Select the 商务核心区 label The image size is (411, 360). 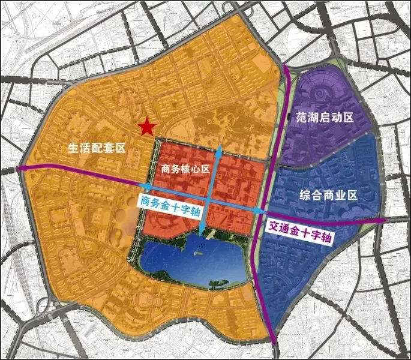(185, 169)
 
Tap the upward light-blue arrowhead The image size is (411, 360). (219, 148)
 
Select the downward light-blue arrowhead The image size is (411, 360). (203, 226)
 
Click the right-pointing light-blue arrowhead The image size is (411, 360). (262, 211)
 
